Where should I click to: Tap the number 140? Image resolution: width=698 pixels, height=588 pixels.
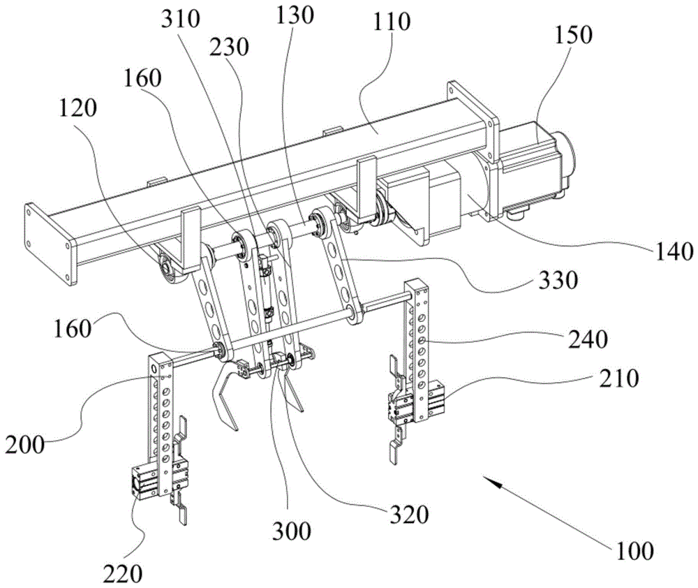(x=671, y=249)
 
